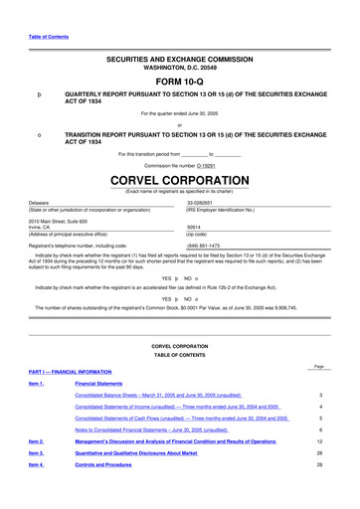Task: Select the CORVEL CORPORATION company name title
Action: (179, 181)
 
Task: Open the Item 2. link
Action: (37, 467)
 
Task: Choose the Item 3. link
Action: (37, 481)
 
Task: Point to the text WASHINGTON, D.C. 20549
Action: (179, 70)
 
